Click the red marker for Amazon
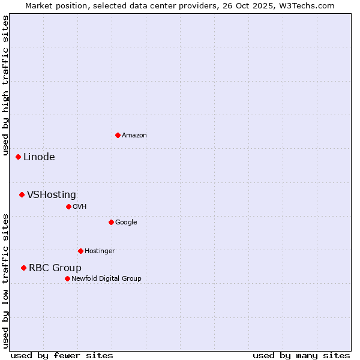pos(118,135)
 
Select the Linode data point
pos(19,157)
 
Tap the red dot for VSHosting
pos(22,194)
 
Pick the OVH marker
pos(68,206)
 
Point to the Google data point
pos(111,222)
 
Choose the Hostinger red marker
pos(80,251)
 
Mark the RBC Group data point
pos(23,268)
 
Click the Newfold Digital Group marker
pos(67,278)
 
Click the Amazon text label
pos(134,136)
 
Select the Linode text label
pos(39,157)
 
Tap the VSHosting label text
pos(52,194)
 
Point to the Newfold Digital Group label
pos(106,278)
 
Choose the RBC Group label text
pos(55,268)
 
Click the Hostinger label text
pos(100,251)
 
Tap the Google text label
pos(126,222)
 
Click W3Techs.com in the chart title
pos(306,6)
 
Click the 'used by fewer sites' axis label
pos(62,355)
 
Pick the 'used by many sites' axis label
pos(301,355)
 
